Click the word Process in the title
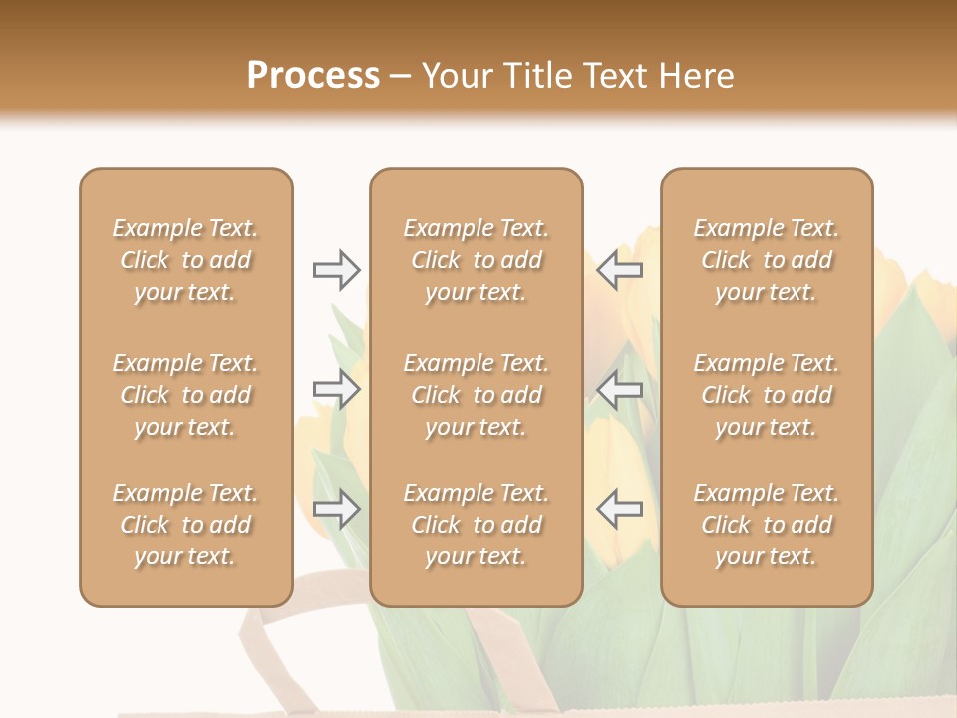(x=313, y=76)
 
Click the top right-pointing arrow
(x=336, y=270)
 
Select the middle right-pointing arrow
(x=336, y=389)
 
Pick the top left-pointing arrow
(x=620, y=270)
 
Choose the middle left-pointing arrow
(x=620, y=389)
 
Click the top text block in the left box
(x=185, y=260)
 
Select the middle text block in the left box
(x=185, y=395)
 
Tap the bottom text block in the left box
(x=185, y=525)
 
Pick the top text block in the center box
(x=476, y=260)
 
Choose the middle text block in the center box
(x=476, y=395)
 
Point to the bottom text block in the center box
(x=476, y=525)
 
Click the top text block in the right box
(x=766, y=260)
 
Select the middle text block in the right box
(x=766, y=395)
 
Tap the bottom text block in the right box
(x=766, y=525)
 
